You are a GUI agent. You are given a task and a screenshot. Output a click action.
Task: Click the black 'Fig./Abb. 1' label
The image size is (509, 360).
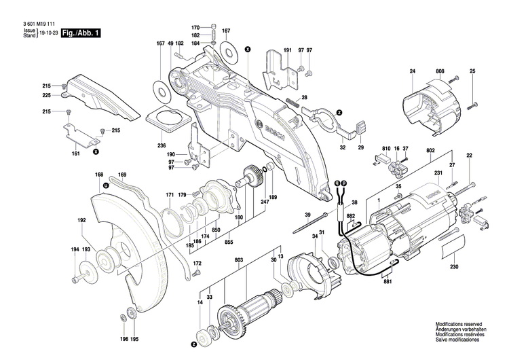click(x=80, y=33)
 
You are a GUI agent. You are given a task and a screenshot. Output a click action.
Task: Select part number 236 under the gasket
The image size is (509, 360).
click(x=162, y=146)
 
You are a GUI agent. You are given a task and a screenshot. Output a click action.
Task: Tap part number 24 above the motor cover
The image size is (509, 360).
click(x=412, y=71)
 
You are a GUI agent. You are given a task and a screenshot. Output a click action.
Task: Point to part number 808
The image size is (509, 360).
click(x=440, y=71)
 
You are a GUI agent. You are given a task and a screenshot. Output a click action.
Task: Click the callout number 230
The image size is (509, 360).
click(x=454, y=266)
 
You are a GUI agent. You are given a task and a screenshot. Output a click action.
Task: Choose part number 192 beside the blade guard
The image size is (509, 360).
click(x=81, y=221)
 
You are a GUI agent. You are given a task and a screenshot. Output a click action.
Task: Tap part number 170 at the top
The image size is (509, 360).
click(x=195, y=26)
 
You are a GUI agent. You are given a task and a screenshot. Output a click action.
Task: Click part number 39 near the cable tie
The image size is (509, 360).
click(x=307, y=215)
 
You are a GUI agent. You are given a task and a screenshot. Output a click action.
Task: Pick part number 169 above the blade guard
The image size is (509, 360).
click(x=122, y=175)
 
